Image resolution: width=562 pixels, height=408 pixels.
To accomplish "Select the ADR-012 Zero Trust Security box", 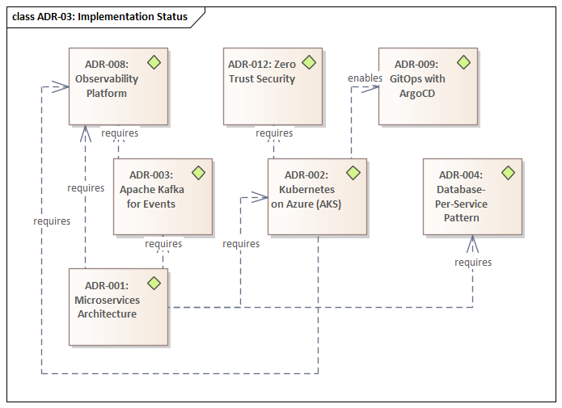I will pyautogui.click(x=273, y=86).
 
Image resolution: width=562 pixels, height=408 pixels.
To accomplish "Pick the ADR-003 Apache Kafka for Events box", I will pyautogui.click(x=163, y=196).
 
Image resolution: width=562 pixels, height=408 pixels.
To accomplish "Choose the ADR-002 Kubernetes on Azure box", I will pyautogui.click(x=317, y=196).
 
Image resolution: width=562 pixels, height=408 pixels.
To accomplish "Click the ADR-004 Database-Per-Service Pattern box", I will pyautogui.click(x=472, y=196).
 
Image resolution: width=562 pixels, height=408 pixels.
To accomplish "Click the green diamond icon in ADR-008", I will pyautogui.click(x=154, y=62).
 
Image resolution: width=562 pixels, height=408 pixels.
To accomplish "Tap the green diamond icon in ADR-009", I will pyautogui.click(x=463, y=62).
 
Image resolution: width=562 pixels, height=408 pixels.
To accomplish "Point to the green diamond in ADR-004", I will pyautogui.click(x=508, y=173).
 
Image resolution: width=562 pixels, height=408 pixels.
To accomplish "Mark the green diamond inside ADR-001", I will pyautogui.click(x=154, y=283).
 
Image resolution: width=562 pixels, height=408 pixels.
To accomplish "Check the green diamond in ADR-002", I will pyautogui.click(x=353, y=173).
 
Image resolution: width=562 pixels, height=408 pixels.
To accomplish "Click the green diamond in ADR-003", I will pyautogui.click(x=198, y=173).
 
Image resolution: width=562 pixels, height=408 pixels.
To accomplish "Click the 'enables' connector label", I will pyautogui.click(x=365, y=78).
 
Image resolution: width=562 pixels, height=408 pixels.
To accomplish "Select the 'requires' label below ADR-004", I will pyautogui.click(x=473, y=263).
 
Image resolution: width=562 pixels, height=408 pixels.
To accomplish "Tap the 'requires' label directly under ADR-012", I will pyautogui.click(x=274, y=133).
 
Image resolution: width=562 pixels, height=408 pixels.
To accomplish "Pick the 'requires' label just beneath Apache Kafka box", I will pyautogui.click(x=163, y=243).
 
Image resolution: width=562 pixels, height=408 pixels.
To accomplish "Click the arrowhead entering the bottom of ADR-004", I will pyautogui.click(x=472, y=242).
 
